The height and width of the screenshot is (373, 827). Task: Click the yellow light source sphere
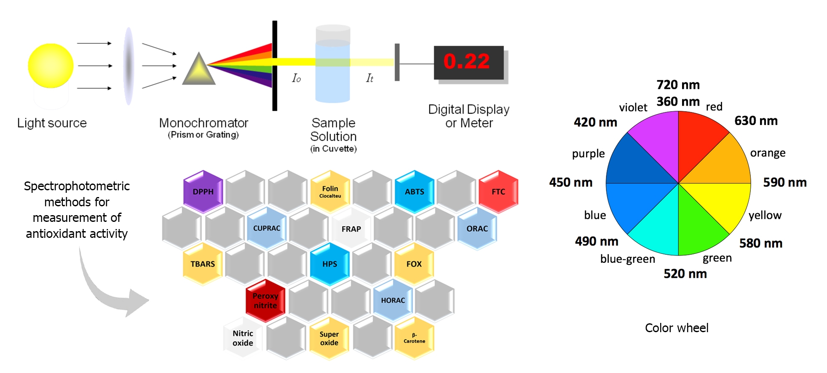click(51, 66)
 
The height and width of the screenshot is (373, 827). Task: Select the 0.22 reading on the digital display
click(466, 61)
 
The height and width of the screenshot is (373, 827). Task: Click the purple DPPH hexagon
click(203, 192)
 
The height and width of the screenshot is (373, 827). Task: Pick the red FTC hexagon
click(498, 192)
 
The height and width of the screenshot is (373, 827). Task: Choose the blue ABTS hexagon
click(415, 192)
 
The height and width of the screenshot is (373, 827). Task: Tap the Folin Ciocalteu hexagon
click(330, 192)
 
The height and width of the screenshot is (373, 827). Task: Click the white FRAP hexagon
click(351, 229)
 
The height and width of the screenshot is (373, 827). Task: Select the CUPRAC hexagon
click(267, 228)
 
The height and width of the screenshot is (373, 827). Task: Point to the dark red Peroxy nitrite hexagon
click(265, 301)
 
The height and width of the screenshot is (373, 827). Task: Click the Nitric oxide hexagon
click(243, 338)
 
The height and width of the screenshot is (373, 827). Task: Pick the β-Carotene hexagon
click(415, 338)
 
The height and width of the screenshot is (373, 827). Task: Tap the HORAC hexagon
click(393, 301)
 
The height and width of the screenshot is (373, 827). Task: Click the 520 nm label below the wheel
click(685, 274)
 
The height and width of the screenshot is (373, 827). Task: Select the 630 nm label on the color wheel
click(756, 121)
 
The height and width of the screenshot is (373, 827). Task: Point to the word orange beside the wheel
click(768, 153)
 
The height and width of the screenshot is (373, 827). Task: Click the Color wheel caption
click(677, 328)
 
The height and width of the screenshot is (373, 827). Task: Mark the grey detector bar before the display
click(397, 62)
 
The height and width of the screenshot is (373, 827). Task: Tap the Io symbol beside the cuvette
click(297, 78)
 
